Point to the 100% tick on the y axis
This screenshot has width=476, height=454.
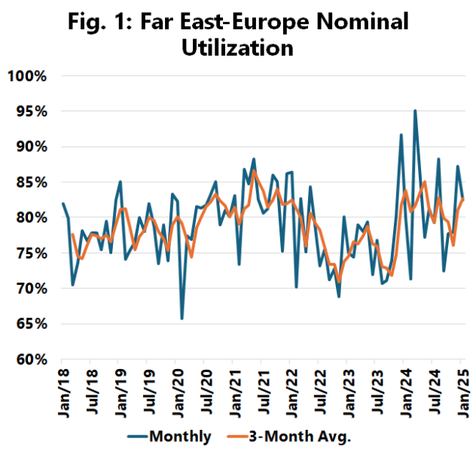coord(28,76)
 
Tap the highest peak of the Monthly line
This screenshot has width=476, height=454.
coord(415,110)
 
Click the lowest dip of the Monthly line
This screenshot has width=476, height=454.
coord(182,319)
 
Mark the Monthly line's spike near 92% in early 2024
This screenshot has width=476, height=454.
coord(401,135)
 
